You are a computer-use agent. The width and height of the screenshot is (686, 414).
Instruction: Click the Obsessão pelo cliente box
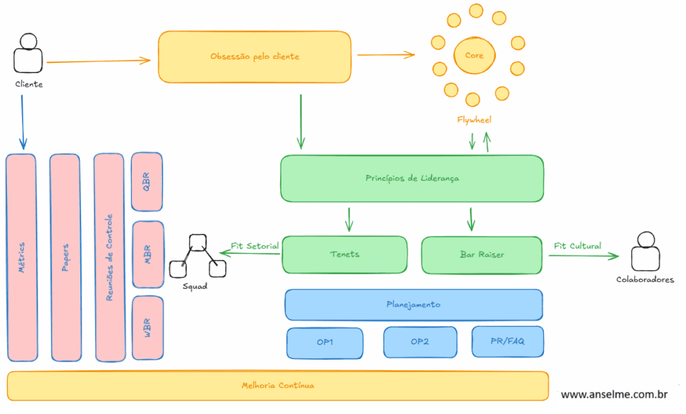255,56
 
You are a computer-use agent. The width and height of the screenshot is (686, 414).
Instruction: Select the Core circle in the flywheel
474,56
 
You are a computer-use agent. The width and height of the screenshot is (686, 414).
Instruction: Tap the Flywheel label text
474,120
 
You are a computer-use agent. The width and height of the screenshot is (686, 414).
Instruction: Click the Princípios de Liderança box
412,178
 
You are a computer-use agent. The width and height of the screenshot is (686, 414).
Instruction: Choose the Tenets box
344,255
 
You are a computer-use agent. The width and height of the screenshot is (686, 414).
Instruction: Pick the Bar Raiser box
482,255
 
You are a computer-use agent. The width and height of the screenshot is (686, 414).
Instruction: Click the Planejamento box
413,304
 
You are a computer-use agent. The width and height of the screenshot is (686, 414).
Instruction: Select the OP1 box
325,342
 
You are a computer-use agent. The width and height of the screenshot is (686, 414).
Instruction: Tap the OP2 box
420,342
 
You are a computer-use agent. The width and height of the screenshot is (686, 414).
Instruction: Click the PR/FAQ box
507,342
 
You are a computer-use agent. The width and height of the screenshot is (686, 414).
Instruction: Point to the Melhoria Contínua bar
277,386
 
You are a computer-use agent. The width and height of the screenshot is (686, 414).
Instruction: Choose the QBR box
147,182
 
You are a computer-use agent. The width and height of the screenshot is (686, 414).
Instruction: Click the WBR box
147,326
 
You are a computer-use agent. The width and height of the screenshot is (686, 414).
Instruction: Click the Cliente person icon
28,54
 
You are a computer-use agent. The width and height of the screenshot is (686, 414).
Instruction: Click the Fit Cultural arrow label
577,246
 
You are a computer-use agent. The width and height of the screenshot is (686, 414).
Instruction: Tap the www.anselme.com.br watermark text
614,395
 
